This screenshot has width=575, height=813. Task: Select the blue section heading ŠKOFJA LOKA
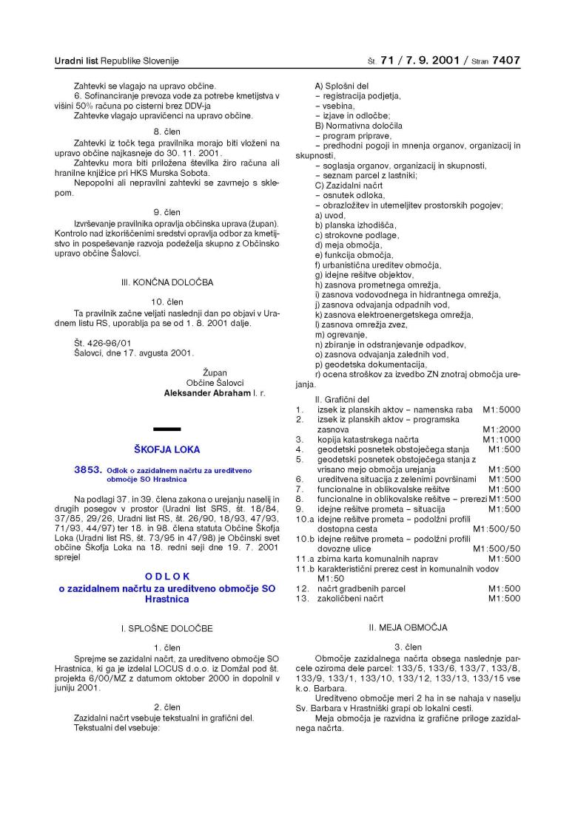click(x=167, y=449)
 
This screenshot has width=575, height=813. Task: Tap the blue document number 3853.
click(x=87, y=469)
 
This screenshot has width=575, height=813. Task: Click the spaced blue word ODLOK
click(x=167, y=575)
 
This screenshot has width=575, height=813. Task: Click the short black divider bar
click(x=167, y=429)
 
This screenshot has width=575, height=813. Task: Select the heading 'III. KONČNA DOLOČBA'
click(x=167, y=282)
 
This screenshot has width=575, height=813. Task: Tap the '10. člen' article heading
click(x=167, y=302)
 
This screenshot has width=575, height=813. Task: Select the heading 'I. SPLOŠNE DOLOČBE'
click(x=167, y=628)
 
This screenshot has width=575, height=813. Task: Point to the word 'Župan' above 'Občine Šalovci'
click(x=215, y=373)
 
